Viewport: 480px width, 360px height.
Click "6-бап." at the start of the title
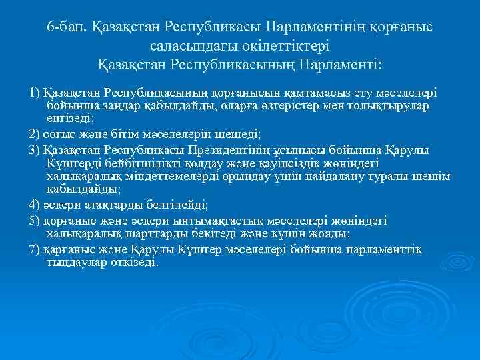pos(65,29)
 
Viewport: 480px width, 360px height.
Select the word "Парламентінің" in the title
pos(315,29)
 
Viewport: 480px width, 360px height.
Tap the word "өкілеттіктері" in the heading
pos(289,47)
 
